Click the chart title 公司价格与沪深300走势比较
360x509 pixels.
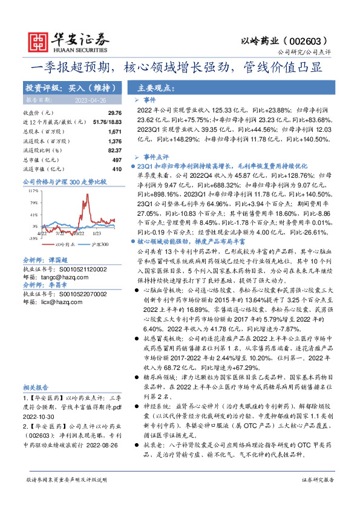click(64, 181)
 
